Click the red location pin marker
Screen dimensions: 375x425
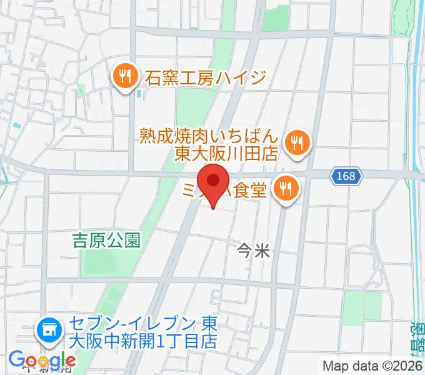tap(213, 182)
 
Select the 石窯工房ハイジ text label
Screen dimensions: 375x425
tap(206, 78)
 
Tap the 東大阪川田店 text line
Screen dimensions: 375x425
tap(226, 153)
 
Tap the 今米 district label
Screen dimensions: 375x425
tap(254, 252)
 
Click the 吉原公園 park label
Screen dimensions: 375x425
tap(106, 240)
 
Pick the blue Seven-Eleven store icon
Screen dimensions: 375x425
tap(48, 329)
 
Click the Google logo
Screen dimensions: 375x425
tap(42, 361)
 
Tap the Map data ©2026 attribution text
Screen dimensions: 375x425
tap(372, 366)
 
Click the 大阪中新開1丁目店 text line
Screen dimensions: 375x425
tap(143, 342)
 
